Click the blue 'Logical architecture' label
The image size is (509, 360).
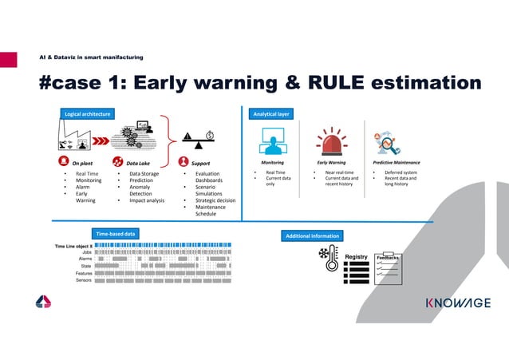pos(87,114)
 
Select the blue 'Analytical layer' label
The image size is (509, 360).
pos(270,114)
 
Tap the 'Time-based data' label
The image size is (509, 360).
pos(116,233)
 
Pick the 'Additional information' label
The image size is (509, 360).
pos(313,236)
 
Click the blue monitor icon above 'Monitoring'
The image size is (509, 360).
pos(272,143)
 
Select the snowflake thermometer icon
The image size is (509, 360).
pos(328,256)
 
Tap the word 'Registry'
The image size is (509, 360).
pos(356,257)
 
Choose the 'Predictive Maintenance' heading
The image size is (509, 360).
pos(397,162)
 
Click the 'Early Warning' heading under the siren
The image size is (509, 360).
pos(331,162)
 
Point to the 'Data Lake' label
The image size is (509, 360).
pos(138,162)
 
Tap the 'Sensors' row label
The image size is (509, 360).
pos(83,280)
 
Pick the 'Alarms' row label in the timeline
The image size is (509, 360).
pos(85,259)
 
